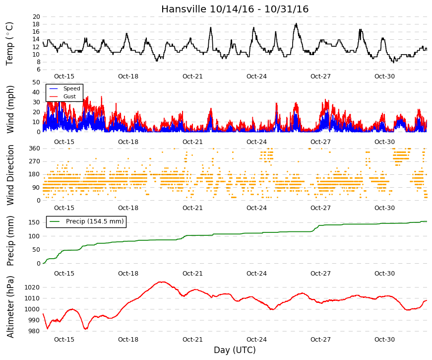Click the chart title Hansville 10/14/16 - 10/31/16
pos(235,9)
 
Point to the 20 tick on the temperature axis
pos(36,17)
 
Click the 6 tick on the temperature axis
pos(38,70)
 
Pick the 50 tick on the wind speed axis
pos(36,82)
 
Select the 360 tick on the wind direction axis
pos(35,148)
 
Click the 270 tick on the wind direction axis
pos(35,161)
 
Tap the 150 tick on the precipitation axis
pos(35,222)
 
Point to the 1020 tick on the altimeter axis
pos(32,288)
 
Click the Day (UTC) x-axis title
pos(235,350)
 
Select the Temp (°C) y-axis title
pos(9,44)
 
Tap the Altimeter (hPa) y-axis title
pos(10,307)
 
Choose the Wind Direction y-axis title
pos(10,175)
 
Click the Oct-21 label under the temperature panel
pos(192,76)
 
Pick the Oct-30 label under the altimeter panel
pos(384,340)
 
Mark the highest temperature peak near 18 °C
pos(296,24)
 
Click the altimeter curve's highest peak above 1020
pos(163,282)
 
